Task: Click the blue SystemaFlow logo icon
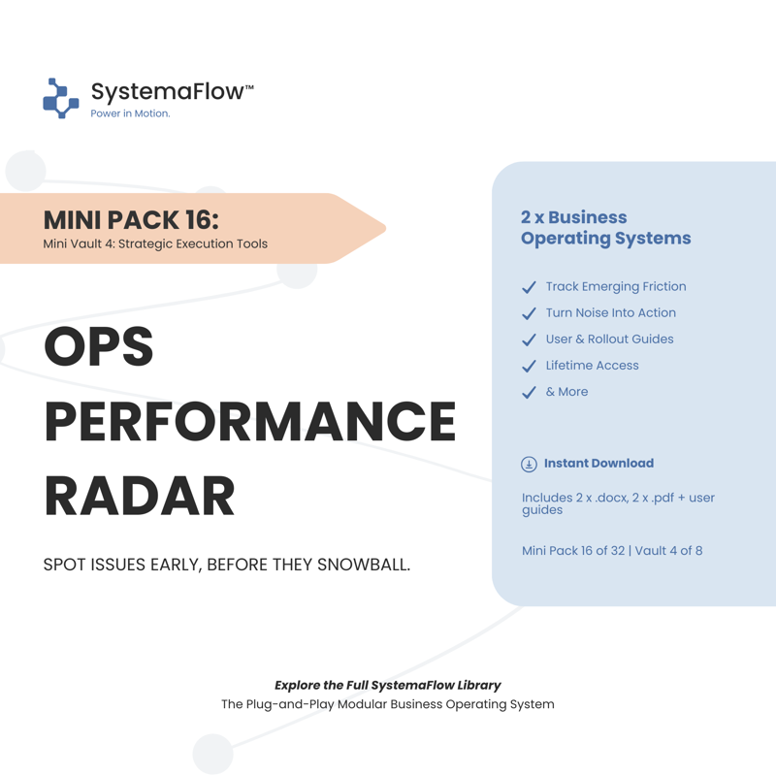coord(61,98)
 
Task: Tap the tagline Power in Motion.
coord(130,113)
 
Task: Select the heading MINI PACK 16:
coord(131,220)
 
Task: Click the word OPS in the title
coord(99,346)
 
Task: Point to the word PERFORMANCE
coord(250,421)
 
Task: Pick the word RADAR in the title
coord(139,496)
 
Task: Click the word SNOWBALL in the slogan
coord(364,565)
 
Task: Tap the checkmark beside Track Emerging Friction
coord(529,287)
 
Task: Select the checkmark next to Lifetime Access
coord(529,366)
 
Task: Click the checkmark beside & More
coord(529,392)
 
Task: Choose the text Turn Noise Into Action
coord(611,312)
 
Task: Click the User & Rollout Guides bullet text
coord(610,339)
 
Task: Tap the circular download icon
coord(529,465)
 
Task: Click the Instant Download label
coord(598,464)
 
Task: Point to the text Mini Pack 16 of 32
coord(573,551)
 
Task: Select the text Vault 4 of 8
coord(668,551)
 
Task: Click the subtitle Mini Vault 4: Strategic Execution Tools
coord(155,244)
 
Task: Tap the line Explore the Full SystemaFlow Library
coord(388,686)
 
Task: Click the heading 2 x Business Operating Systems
coord(605,228)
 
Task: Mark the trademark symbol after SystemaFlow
coord(249,87)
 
